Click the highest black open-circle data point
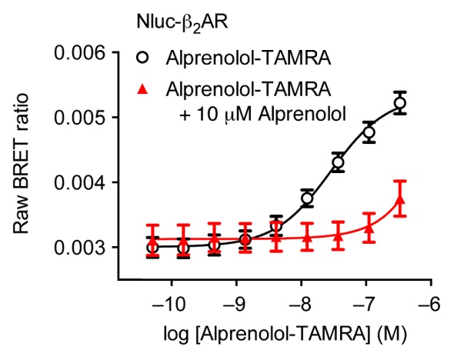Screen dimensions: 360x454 [x=399, y=103]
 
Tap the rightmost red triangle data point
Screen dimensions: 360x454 [x=399, y=201]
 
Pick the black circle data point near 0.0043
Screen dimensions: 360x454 [x=338, y=162]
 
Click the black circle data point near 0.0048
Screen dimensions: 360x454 [x=369, y=132]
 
